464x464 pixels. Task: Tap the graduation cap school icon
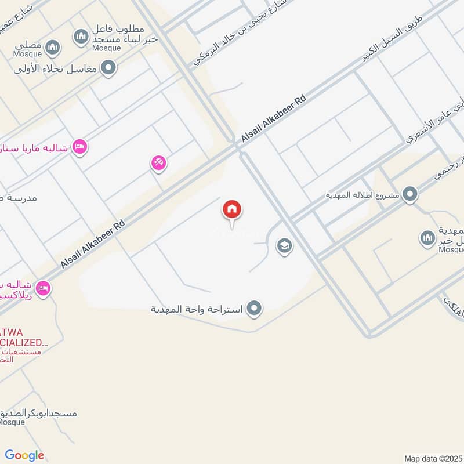284,246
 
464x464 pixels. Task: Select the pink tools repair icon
158,164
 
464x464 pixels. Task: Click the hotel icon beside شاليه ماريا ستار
81,147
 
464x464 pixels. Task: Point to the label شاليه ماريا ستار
35,147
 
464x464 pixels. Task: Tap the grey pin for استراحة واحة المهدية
253,309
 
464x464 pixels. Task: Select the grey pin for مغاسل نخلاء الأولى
108,68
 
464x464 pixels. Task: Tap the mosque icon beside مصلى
53,47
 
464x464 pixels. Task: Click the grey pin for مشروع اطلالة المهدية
410,194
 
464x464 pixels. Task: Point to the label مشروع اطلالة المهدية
362,195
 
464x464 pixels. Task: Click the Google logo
24,455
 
